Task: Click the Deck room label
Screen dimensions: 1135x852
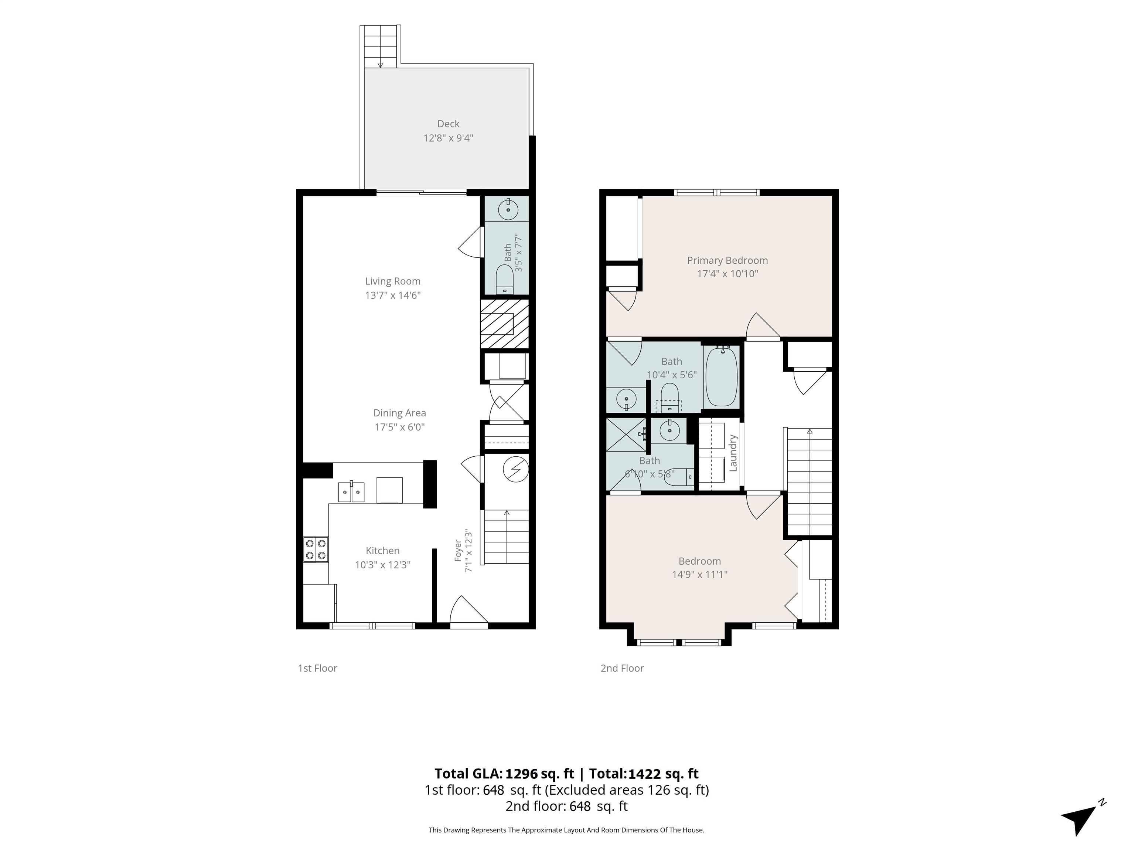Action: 448,124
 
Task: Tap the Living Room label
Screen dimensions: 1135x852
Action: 392,281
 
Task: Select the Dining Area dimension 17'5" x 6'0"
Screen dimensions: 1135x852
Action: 400,427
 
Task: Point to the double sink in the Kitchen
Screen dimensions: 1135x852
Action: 351,492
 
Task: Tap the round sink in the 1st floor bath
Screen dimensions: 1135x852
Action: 508,210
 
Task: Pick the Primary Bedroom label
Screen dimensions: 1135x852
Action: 727,260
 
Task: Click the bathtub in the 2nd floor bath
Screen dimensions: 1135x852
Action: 722,378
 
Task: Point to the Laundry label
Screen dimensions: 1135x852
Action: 733,453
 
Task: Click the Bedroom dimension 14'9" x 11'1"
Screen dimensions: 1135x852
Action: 699,574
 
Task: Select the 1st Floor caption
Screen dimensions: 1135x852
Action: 318,668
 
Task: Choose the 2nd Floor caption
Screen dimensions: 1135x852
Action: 622,668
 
